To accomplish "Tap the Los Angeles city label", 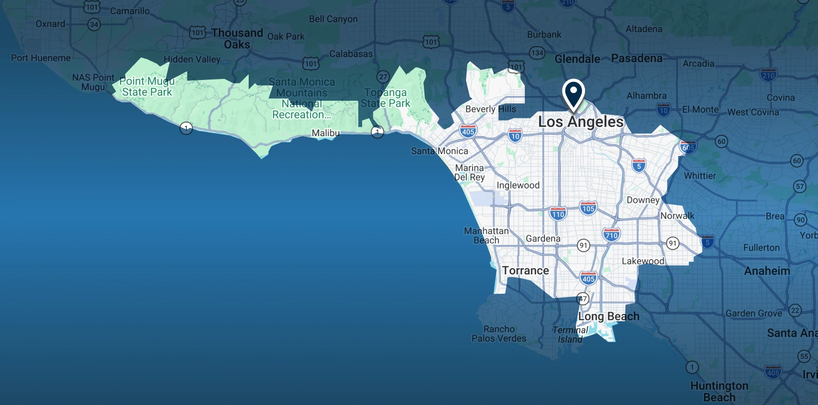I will [x=580, y=122].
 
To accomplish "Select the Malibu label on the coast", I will [x=326, y=133].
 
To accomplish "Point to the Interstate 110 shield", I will [x=558, y=214].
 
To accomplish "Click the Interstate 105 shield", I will [x=588, y=208].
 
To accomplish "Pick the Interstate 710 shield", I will [x=611, y=234].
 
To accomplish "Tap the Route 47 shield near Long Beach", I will [x=583, y=299].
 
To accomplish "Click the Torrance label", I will [x=525, y=271].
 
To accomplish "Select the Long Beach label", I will [x=609, y=316].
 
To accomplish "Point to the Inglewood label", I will [x=518, y=185].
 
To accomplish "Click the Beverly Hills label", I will [x=490, y=109].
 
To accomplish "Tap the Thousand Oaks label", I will [x=237, y=38].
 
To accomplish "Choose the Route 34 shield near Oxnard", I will [x=94, y=24].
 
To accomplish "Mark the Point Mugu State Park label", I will [x=147, y=87].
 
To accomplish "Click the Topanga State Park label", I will [x=386, y=98].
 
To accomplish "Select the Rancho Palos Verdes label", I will [x=499, y=334].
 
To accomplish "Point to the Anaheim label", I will [x=767, y=271].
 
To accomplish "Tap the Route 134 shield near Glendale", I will [x=537, y=53].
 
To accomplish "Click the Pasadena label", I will [x=637, y=58].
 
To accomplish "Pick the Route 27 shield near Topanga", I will [x=383, y=77].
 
